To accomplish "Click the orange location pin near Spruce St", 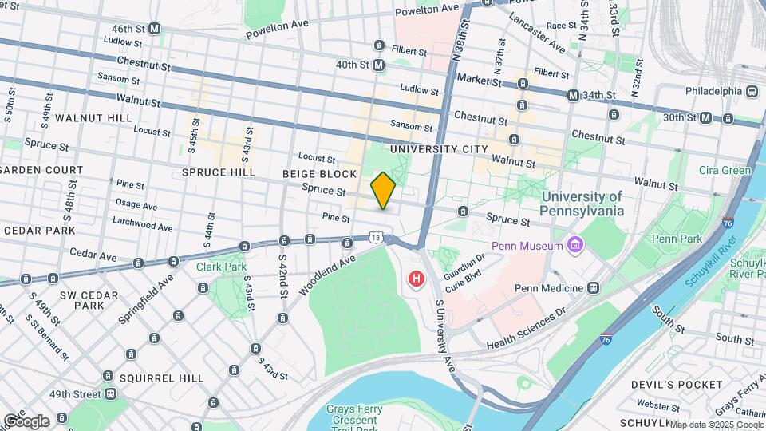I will point(384,191).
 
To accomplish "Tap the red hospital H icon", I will point(416,279).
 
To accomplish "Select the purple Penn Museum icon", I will point(572,244).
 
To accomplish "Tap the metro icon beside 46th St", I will point(155,28).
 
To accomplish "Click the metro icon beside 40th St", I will point(378,65).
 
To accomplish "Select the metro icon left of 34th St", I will point(573,96).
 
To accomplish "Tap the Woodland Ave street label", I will point(327,275).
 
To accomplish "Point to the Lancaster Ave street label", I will point(535,33).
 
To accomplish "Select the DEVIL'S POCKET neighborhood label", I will point(671,385).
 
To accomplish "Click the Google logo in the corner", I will point(26,421).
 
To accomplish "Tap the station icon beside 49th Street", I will point(109,394).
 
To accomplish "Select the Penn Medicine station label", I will point(550,287).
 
